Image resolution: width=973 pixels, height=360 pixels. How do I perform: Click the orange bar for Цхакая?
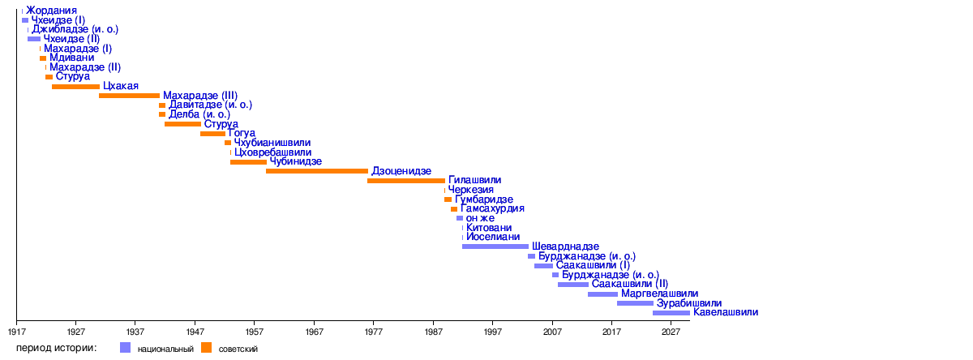[75, 87]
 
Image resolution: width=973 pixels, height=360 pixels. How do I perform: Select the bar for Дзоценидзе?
[317, 171]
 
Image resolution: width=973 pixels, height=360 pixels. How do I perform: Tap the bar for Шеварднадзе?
[495, 246]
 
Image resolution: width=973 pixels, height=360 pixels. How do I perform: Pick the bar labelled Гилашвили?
[406, 181]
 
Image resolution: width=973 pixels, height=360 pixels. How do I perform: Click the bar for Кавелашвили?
[671, 313]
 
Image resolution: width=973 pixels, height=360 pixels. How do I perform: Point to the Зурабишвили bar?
[635, 303]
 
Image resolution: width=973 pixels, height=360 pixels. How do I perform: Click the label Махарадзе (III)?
[200, 96]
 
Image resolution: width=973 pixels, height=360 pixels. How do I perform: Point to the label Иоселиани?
[493, 238]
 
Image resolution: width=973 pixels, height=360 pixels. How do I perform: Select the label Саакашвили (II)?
[630, 285]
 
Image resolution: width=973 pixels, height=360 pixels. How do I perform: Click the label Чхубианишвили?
[272, 143]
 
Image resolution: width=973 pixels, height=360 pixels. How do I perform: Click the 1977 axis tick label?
[374, 332]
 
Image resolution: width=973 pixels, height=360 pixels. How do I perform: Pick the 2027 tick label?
[671, 332]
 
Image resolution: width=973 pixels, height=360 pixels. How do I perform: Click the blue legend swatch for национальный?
[125, 348]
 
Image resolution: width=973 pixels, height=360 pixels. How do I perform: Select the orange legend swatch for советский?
[206, 348]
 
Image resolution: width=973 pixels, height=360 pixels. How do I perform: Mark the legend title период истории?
[57, 348]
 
